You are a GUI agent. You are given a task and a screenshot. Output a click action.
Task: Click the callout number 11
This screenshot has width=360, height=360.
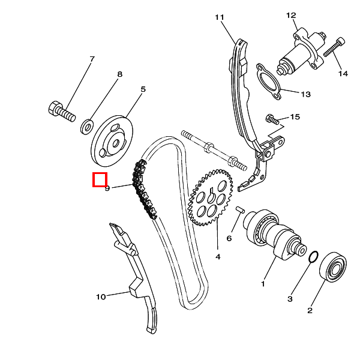[218, 17]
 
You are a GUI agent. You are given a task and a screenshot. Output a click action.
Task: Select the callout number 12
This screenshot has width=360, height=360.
[291, 15]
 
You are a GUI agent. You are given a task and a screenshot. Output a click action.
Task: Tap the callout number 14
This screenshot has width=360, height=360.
[343, 74]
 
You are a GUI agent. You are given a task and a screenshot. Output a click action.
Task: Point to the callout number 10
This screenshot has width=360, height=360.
[101, 296]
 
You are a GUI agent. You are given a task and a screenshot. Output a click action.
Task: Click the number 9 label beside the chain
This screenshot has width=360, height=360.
[107, 188]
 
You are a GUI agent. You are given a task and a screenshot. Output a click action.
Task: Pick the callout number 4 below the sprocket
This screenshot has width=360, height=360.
[218, 256]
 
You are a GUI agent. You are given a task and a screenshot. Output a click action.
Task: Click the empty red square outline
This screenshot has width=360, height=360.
[99, 179]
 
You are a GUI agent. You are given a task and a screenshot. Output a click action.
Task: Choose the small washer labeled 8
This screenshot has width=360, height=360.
[87, 126]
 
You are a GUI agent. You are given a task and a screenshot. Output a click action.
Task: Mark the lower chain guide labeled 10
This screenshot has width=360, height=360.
[139, 282]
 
